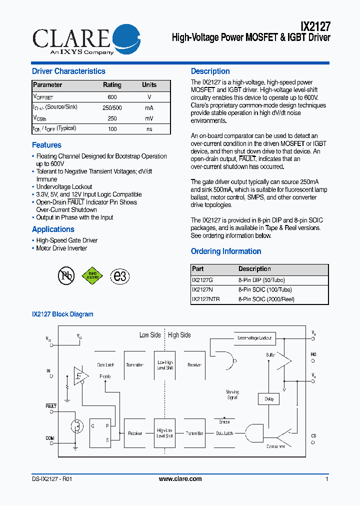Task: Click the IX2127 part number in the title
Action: pos(315,26)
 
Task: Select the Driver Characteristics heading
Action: pos(68,71)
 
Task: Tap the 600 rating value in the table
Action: pos(112,97)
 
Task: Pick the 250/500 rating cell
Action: pos(112,108)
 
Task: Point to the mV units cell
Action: pos(149,118)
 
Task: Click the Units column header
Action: pos(149,85)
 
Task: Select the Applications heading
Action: pos(53,229)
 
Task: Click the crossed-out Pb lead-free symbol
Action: pos(66,275)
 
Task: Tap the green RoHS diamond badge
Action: pos(92,275)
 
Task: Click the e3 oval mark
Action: pos(120,276)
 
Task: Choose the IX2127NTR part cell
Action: pos(206,299)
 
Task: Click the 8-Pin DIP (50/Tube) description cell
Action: pos(261,280)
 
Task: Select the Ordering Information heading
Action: pos(226,251)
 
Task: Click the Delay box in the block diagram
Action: pos(269,399)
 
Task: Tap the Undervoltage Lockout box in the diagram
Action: pos(254,338)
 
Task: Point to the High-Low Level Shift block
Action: pos(165,433)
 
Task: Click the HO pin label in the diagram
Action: pos(313,354)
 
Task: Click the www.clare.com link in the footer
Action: pos(180,479)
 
